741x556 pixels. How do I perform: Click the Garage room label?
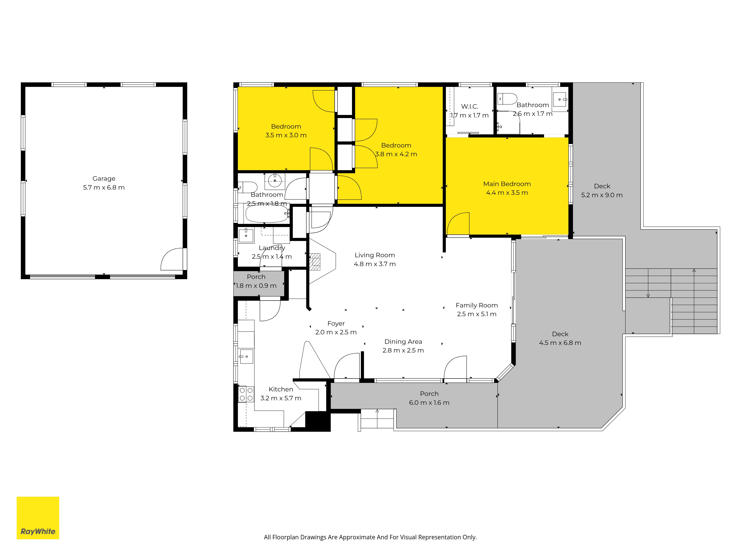(104, 179)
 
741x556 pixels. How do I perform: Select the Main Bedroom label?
(507, 184)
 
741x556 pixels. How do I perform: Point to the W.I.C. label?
(470, 107)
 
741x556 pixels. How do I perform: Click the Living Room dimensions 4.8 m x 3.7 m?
(375, 264)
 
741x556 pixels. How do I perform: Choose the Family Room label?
(477, 305)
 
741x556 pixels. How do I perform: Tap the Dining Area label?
(403, 342)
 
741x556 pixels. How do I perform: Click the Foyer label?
(336, 323)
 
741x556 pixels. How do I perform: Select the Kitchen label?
(281, 389)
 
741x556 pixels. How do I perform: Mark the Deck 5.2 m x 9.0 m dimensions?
(602, 195)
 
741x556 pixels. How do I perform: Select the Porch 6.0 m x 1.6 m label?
(429, 398)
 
